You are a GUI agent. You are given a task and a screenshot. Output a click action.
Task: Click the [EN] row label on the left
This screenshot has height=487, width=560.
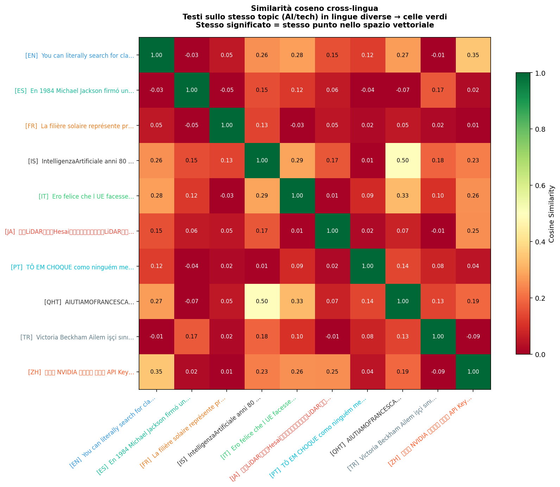80,55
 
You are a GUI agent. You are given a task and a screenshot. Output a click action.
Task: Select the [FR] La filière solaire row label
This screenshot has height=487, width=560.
80,126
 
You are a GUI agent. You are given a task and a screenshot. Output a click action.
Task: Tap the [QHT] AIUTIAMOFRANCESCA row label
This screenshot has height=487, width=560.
89,302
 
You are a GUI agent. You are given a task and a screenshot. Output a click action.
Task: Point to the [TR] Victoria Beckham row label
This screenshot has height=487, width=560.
77,337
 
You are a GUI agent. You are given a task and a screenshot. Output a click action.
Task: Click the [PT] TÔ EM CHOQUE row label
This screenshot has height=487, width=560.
73,267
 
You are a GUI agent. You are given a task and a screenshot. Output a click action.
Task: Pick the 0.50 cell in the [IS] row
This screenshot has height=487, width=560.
403,161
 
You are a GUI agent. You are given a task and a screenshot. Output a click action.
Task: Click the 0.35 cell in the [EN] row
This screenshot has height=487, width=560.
473,55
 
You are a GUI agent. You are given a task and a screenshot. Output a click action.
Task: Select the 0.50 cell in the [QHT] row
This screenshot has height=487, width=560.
262,301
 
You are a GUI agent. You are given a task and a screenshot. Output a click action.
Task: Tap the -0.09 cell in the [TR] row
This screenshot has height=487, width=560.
473,337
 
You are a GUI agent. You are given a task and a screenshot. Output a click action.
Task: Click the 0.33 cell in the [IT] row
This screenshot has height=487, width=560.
403,196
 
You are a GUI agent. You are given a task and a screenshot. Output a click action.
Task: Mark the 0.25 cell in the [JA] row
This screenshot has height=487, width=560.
473,231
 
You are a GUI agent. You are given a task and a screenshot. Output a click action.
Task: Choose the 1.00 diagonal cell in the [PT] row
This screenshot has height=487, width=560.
367,266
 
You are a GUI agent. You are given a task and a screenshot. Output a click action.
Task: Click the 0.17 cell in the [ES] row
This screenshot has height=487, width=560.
438,90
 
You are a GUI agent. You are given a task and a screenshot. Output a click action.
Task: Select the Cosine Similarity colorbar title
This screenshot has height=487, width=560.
552,214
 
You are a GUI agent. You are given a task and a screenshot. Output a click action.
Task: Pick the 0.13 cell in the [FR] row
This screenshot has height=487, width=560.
262,125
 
